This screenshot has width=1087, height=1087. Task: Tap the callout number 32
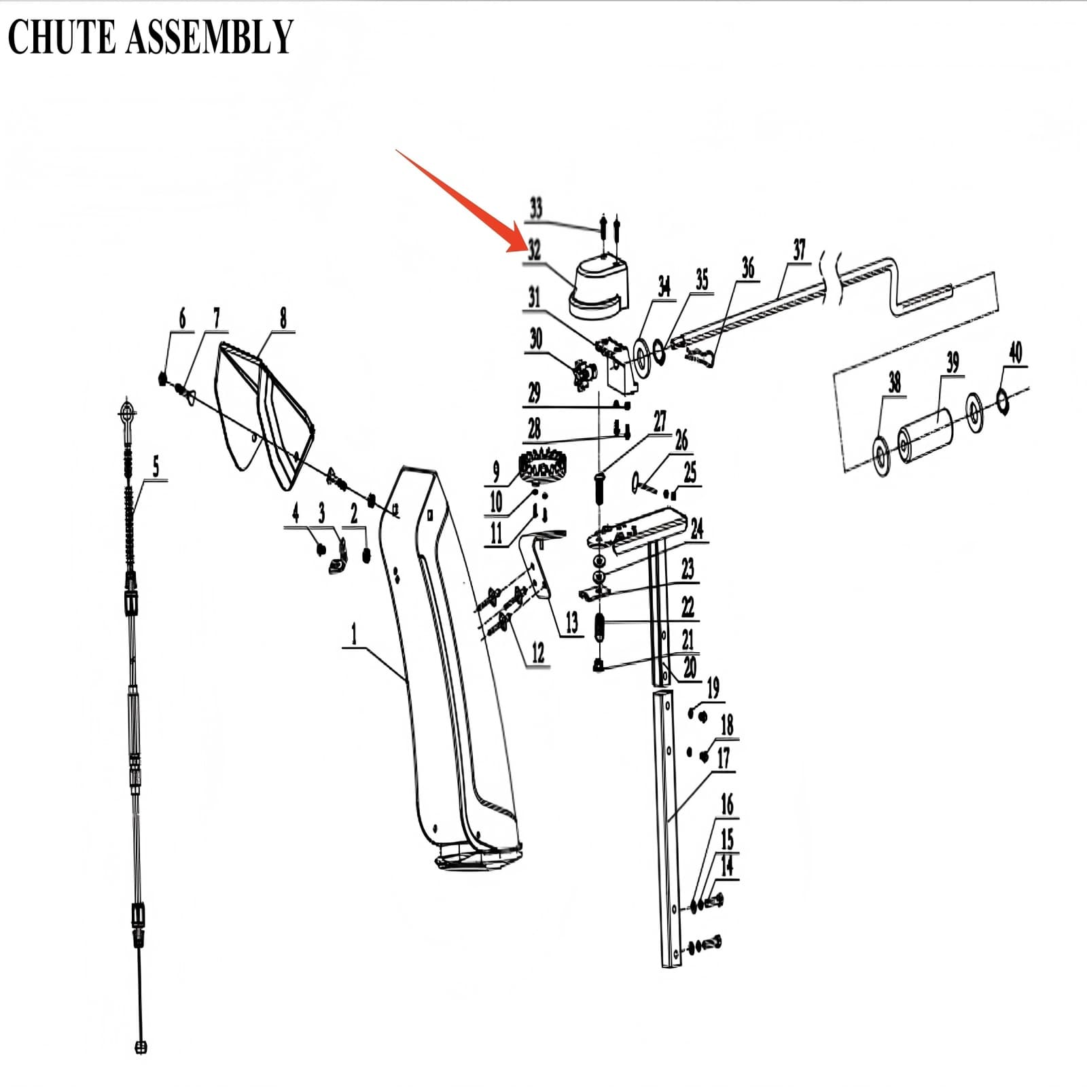[x=535, y=249]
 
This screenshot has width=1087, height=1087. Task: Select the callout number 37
[x=799, y=250]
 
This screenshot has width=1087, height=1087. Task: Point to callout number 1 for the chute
[x=353, y=635]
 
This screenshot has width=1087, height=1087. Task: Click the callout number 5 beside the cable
[x=156, y=467]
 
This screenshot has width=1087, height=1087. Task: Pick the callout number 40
[x=1015, y=353]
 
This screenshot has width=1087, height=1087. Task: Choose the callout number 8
[x=283, y=317]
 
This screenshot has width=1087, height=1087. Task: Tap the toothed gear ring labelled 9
[x=543, y=467]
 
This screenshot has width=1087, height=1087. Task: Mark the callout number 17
[x=723, y=758]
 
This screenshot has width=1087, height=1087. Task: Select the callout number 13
[x=571, y=622]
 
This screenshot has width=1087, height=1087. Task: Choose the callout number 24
[x=697, y=529]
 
